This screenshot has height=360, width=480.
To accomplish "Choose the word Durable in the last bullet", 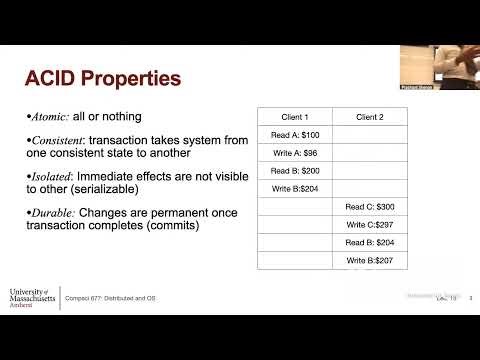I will coord(53,212).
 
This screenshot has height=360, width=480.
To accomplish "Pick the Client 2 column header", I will coord(368,117).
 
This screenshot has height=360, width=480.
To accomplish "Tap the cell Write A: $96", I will coord(294,153).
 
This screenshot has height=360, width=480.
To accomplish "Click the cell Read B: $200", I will coord(294,171).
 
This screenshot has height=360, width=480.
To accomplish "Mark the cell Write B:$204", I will coord(294,189).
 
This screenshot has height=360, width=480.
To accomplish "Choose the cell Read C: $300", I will coord(368,207).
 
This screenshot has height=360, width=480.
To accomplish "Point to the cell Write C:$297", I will coord(368,225).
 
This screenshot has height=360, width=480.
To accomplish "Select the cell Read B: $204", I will coord(368,243).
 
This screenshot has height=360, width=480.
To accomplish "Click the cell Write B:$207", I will coord(368,261).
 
